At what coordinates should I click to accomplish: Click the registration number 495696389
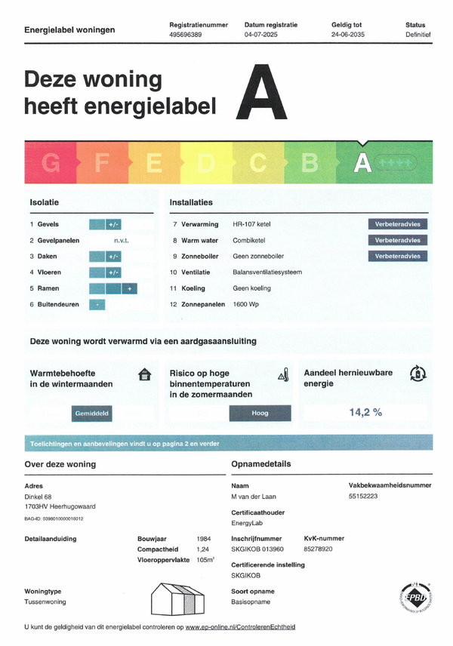point(186,35)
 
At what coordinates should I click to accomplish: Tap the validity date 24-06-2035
point(349,35)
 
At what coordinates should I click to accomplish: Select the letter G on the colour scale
point(51,162)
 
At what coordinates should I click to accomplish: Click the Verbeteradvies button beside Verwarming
point(398,224)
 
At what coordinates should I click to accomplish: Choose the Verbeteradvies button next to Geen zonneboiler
point(398,256)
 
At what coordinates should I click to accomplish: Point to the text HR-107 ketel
point(252,224)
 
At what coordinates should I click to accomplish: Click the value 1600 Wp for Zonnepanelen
point(248,303)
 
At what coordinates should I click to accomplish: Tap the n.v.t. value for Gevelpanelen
point(121,240)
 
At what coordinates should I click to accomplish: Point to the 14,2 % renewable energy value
point(365,412)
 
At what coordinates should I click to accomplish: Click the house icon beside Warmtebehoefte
point(145,374)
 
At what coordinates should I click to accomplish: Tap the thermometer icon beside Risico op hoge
point(283,374)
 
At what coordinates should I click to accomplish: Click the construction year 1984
point(202,539)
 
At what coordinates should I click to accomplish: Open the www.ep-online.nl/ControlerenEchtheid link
point(240,627)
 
